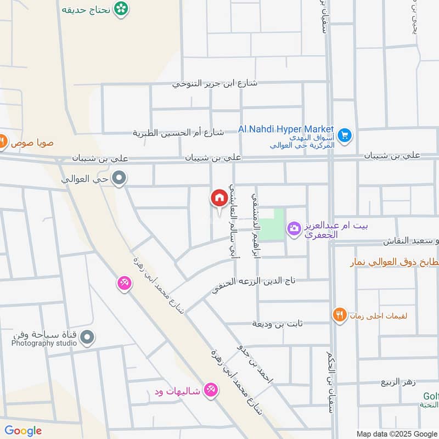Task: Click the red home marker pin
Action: [218, 199]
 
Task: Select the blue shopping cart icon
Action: [345, 134]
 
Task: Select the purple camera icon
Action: [294, 228]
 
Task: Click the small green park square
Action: [271, 224]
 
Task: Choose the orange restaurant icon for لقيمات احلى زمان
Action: [339, 314]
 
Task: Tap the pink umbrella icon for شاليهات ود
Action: [210, 390]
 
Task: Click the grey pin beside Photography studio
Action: [87, 338]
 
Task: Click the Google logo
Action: [23, 431]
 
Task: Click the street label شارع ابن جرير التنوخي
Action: [215, 84]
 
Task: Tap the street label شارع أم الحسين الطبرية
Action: [178, 133]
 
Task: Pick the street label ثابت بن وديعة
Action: [277, 324]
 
